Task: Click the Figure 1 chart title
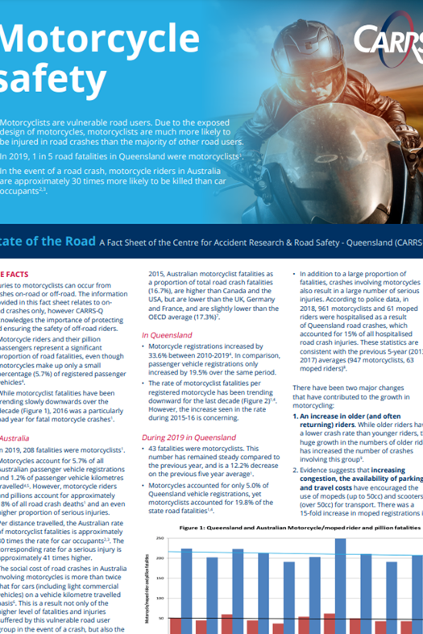298,528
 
